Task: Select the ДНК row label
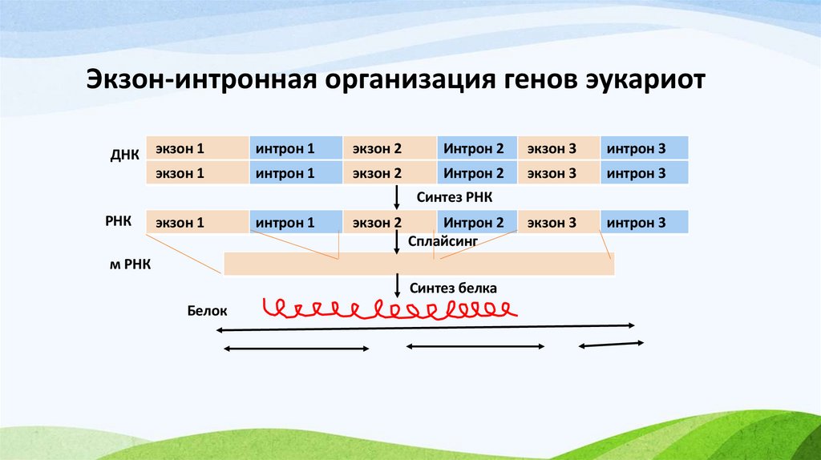[125, 155]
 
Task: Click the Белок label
[208, 309]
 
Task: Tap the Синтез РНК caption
[449, 197]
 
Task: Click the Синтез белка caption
[453, 287]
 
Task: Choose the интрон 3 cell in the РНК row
[645, 223]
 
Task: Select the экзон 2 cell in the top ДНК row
[390, 148]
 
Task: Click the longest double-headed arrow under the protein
[426, 327]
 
